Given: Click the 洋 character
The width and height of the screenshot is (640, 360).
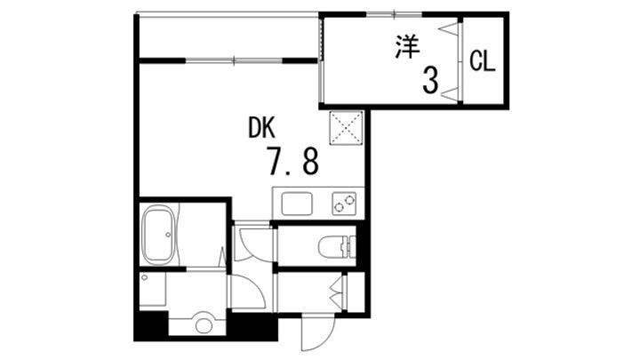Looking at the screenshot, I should click(407, 47).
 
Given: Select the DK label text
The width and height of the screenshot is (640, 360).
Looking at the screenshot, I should click(261, 127).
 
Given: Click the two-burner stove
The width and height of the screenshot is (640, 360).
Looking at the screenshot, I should click(344, 204).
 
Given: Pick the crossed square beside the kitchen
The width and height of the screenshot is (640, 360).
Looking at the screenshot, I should click(346, 128).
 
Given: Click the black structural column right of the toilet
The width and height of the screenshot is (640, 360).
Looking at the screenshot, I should click(361, 244).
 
